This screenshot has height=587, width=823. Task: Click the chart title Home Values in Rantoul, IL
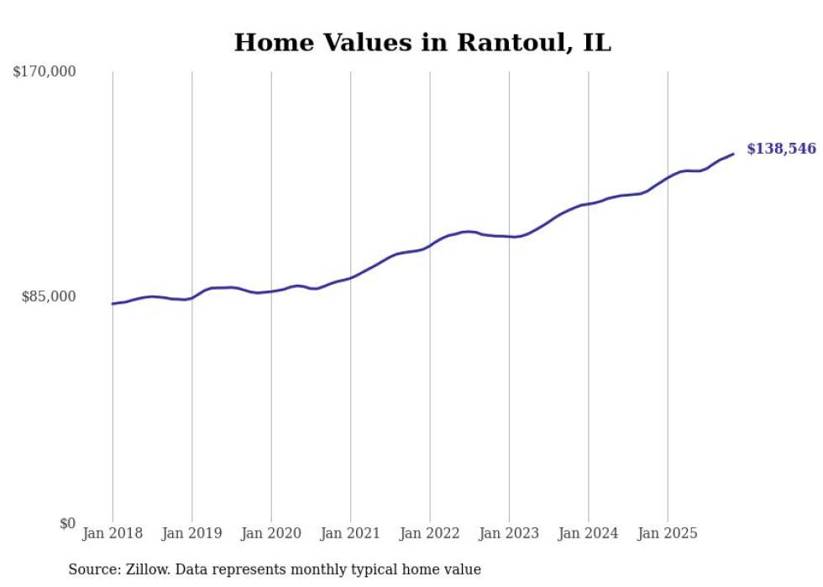pyautogui.click(x=422, y=43)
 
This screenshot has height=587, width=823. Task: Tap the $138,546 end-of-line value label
pyautogui.click(x=781, y=149)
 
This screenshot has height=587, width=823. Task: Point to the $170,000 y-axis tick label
pyautogui.click(x=44, y=72)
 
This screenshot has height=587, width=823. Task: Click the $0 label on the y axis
pyautogui.click(x=67, y=523)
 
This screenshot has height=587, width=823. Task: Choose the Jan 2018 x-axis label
pyautogui.click(x=113, y=533)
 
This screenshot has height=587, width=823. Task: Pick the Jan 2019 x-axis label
pyautogui.click(x=191, y=533)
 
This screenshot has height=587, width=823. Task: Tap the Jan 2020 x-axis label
pyautogui.click(x=271, y=533)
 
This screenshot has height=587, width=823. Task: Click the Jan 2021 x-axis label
pyautogui.click(x=350, y=533)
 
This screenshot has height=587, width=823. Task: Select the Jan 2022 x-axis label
pyautogui.click(x=429, y=533)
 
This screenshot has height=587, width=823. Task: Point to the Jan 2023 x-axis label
pyautogui.click(x=509, y=533)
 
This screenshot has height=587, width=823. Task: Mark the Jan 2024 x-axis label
pyautogui.click(x=588, y=533)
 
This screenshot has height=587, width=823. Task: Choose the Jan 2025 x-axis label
pyautogui.click(x=667, y=533)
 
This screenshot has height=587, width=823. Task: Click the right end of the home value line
pyautogui.click(x=733, y=154)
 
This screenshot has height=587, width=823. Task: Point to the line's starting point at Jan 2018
pyautogui.click(x=113, y=303)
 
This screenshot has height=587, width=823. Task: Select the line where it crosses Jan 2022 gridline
pyautogui.click(x=429, y=246)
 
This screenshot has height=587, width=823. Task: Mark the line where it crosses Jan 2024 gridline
pyautogui.click(x=588, y=203)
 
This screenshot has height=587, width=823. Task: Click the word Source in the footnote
pyautogui.click(x=91, y=569)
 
